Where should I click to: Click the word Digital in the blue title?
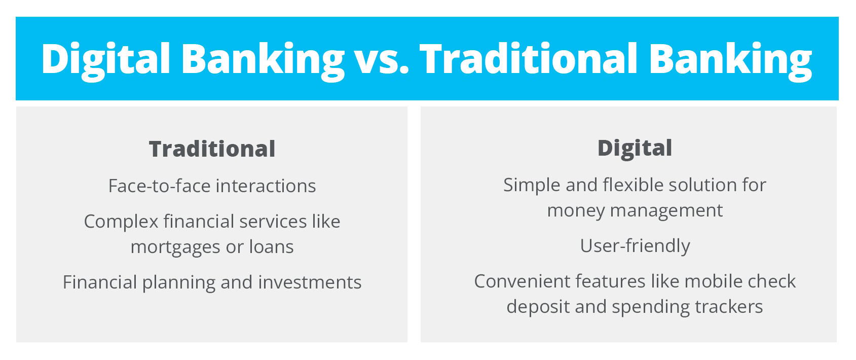pyautogui.click(x=105, y=59)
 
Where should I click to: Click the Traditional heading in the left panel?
pyautogui.click(x=212, y=149)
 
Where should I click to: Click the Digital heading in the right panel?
pyautogui.click(x=635, y=148)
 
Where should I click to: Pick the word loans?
pyautogui.click(x=271, y=247)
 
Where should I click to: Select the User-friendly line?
pyautogui.click(x=635, y=246)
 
